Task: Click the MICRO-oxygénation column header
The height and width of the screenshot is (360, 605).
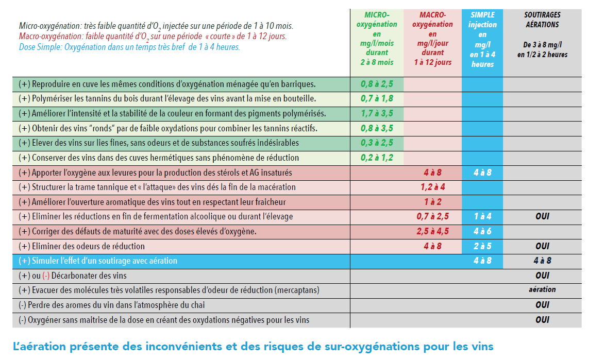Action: point(377,38)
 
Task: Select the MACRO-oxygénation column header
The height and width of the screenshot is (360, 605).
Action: point(432,38)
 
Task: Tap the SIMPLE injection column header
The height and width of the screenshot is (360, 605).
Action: point(482,39)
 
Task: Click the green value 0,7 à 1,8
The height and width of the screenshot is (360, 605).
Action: point(377,98)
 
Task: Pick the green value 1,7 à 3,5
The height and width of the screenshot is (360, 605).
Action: point(377,113)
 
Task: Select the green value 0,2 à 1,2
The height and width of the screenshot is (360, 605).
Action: point(377,158)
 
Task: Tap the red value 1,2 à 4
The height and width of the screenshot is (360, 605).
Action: point(432,187)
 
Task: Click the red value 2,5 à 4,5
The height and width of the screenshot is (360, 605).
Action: point(432,232)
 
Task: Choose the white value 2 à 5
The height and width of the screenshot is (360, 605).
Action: point(482,246)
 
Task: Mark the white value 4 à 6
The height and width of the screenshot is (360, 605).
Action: point(482,232)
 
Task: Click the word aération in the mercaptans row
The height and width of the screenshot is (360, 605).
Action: point(542,290)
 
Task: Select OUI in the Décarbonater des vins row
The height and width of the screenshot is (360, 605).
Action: point(542,276)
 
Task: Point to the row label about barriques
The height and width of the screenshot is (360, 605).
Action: point(167,84)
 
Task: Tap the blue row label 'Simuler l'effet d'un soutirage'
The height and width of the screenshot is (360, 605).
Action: point(98,261)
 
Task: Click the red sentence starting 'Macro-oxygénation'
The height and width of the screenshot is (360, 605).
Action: point(153,37)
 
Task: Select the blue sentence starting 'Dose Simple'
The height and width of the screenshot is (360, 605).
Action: point(129,47)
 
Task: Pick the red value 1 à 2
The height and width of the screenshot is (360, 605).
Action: point(432,202)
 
